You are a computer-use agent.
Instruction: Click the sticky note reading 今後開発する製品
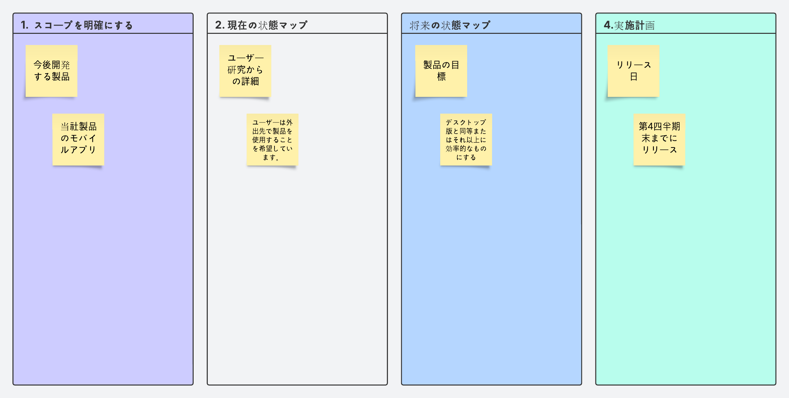coord(52,71)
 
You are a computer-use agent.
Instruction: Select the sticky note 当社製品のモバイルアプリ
coord(78,139)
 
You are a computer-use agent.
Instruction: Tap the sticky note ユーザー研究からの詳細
coord(245,71)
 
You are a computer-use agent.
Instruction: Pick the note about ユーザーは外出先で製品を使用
coord(272,139)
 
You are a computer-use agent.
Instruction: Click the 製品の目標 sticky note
coord(441,71)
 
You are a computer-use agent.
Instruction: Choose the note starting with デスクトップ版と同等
coord(466,139)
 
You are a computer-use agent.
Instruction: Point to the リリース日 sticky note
coord(634,71)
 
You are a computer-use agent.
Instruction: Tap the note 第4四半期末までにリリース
coord(659,139)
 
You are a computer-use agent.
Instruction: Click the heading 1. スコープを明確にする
coord(77,25)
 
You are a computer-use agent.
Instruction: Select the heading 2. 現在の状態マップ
coord(261,25)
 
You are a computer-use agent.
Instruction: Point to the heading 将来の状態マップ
coord(450,25)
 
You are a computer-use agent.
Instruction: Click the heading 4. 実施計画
coord(629,25)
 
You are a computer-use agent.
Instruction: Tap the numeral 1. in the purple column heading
coord(25,25)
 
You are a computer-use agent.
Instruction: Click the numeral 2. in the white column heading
coord(220,25)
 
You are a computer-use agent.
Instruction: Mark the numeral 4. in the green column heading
coord(608,25)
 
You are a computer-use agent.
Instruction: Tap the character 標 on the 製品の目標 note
coord(441,77)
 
